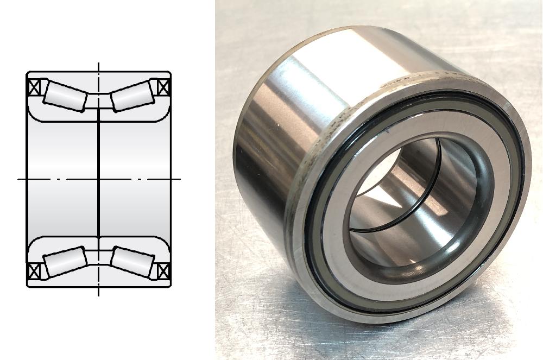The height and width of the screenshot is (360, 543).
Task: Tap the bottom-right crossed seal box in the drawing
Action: (x=163, y=270)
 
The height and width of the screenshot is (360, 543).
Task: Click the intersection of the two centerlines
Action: (x=98, y=178)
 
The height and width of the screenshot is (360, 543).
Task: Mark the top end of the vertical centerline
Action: (x=98, y=63)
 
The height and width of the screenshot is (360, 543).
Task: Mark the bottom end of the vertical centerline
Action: (x=98, y=295)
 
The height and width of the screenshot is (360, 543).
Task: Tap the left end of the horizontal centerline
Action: (x=18, y=178)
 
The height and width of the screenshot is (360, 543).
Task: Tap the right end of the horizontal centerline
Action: (x=180, y=178)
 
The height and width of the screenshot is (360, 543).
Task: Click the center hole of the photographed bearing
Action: (x=413, y=201)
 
